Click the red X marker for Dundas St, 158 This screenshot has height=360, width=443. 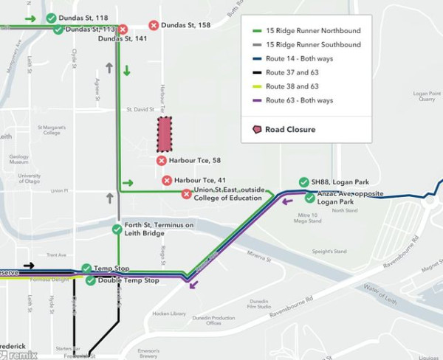point(154,25)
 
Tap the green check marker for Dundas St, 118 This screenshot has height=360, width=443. point(50,18)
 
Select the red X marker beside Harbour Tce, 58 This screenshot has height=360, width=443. point(162,160)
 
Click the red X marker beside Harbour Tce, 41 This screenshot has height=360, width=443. point(167,180)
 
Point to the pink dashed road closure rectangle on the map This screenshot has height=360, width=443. point(164,134)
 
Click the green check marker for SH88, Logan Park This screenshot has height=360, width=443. point(303,182)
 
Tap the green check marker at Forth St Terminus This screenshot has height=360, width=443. point(117,229)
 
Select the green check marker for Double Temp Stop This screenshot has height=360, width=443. point(90,280)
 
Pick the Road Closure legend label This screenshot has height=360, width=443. point(290,130)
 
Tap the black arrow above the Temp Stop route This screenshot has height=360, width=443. point(29,266)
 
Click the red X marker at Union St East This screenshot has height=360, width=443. point(187,194)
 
